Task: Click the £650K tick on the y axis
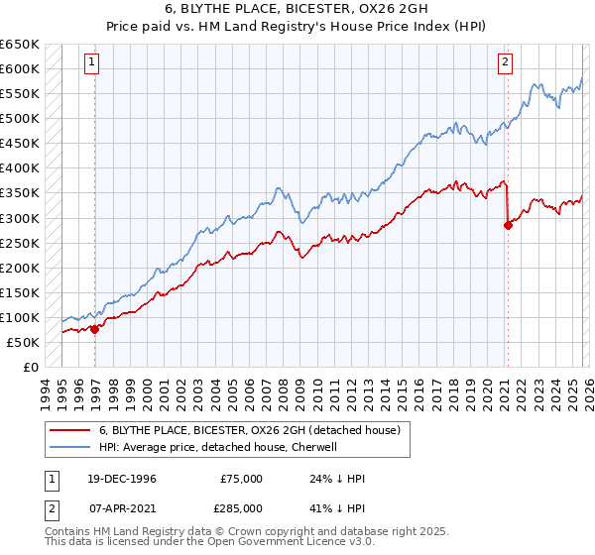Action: pyautogui.click(x=20, y=45)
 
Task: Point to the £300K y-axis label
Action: pyautogui.click(x=20, y=218)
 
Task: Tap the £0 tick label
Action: pyautogui.click(x=30, y=367)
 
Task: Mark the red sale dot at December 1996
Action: pyautogui.click(x=95, y=329)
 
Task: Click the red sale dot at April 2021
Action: pyautogui.click(x=508, y=225)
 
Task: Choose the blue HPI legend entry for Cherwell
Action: pyautogui.click(x=218, y=447)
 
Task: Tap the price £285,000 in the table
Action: pyautogui.click(x=241, y=506)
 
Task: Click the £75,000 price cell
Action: pyautogui.click(x=241, y=479)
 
